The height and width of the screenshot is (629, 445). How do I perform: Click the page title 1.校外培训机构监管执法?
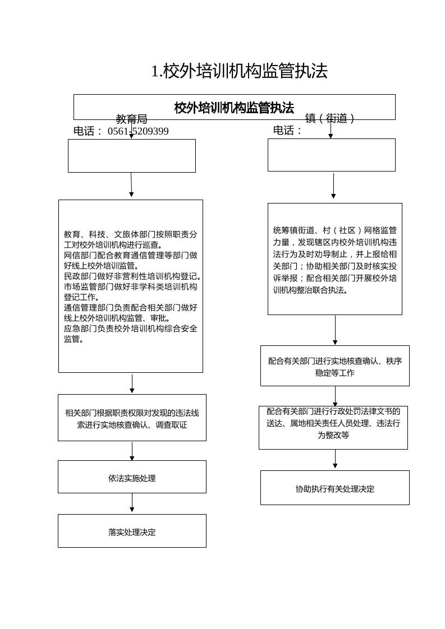[239, 71]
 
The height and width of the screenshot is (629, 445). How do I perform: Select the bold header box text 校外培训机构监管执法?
[234, 108]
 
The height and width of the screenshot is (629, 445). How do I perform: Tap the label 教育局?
[131, 119]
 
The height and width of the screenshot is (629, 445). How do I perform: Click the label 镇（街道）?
[330, 118]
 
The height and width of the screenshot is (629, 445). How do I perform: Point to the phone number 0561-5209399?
[138, 131]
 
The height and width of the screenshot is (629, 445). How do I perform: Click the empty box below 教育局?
[131, 155]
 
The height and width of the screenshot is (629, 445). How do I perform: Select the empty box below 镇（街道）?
[331, 155]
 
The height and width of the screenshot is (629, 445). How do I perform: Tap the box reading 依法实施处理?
[132, 478]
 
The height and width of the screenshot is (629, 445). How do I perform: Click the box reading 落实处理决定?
[132, 532]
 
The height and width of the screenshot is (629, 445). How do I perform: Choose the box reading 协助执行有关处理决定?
[334, 489]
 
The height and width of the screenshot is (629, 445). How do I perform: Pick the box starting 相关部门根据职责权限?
[132, 419]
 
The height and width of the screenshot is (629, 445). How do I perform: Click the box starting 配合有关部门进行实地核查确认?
[334, 367]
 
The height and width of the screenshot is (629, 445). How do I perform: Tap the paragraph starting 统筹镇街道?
[335, 260]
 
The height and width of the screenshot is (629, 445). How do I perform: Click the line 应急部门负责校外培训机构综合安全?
[131, 329]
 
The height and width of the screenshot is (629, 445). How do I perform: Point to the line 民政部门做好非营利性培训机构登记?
[132, 276]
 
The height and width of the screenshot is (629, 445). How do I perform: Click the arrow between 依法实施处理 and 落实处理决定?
[132, 503]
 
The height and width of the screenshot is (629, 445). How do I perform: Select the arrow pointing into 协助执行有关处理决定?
[335, 459]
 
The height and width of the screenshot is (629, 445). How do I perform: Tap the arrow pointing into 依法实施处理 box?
[132, 451]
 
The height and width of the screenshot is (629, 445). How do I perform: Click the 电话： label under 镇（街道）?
[287, 131]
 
